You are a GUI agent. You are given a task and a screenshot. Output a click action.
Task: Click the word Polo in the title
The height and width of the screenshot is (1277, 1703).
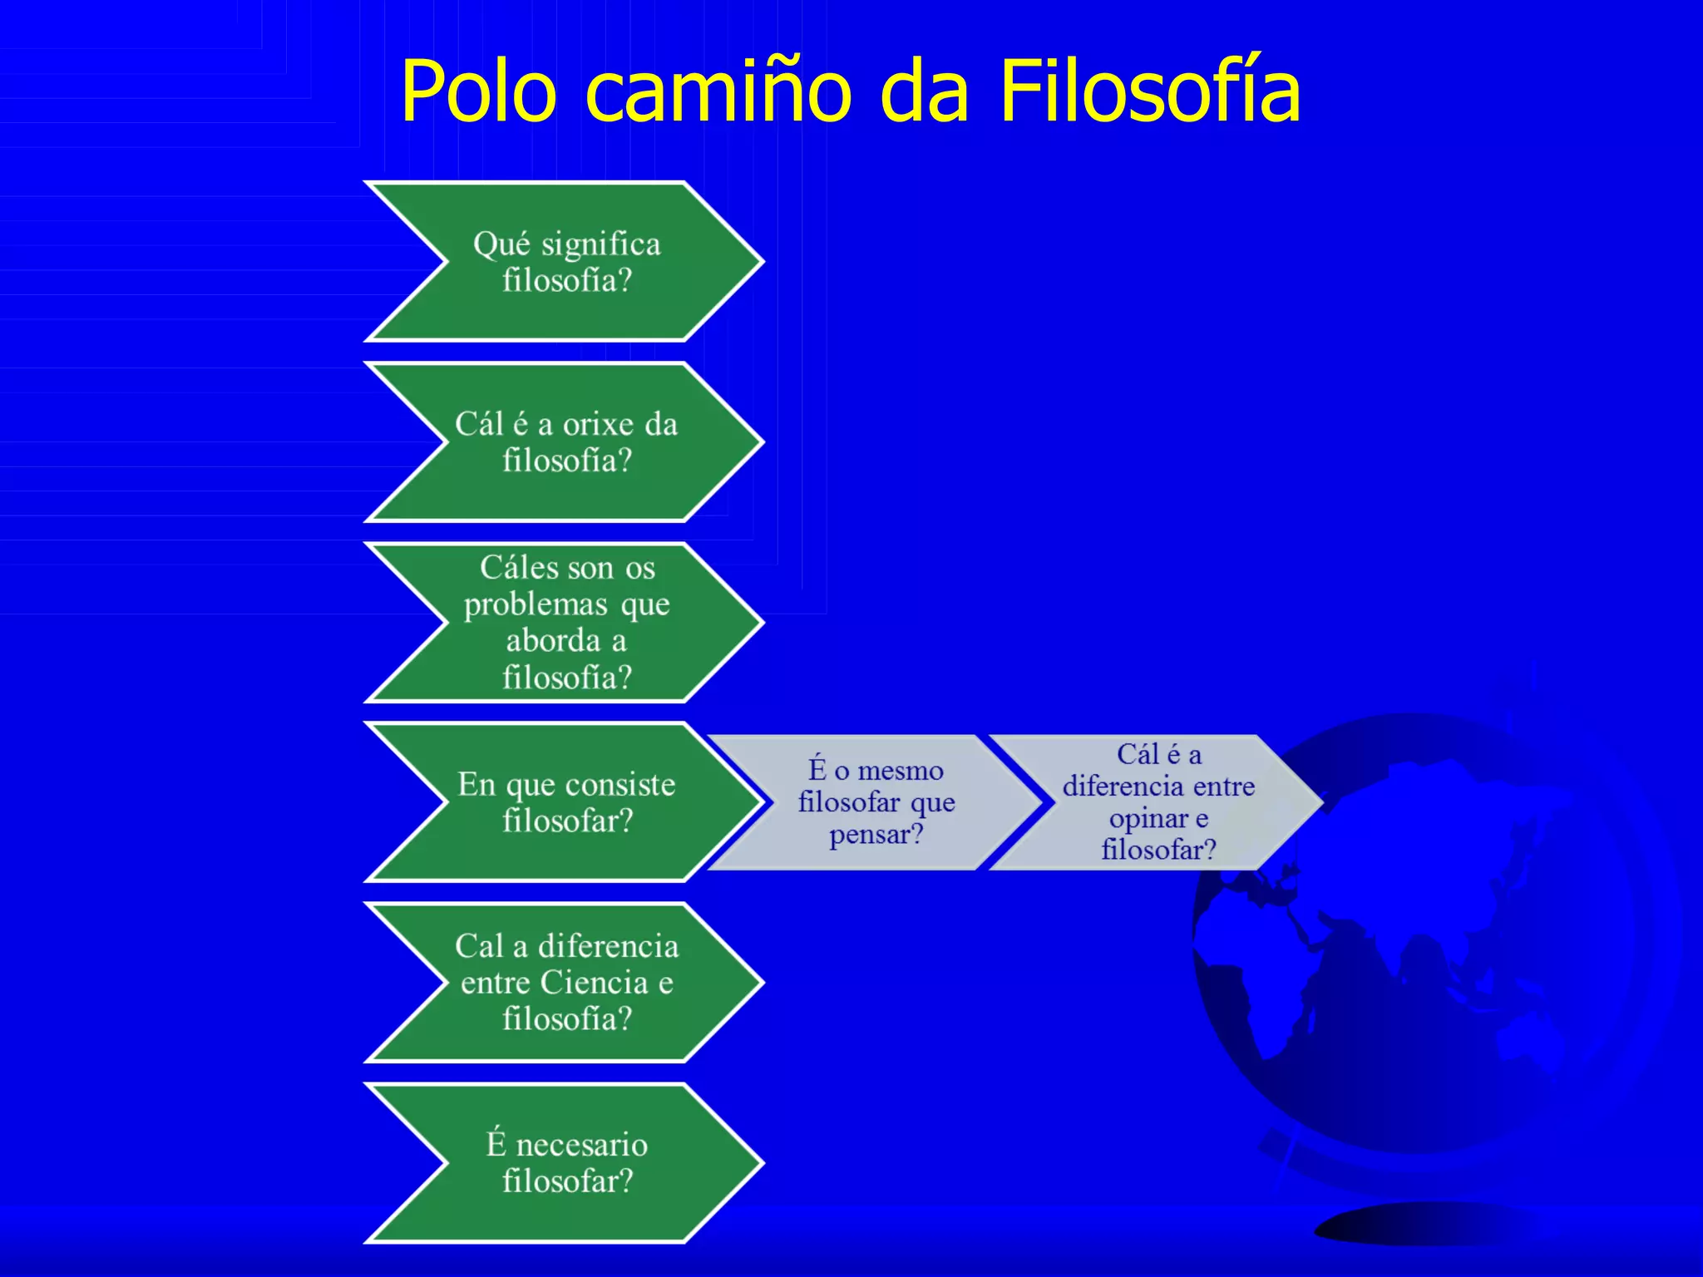pyautogui.click(x=478, y=91)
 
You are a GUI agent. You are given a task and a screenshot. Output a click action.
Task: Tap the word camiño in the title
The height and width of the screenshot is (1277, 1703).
pyautogui.click(x=719, y=91)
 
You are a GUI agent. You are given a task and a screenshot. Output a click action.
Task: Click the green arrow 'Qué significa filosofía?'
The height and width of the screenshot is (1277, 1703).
pyautogui.click(x=565, y=261)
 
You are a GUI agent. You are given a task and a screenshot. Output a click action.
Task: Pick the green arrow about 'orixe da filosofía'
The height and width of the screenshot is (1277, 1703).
pyautogui.click(x=565, y=441)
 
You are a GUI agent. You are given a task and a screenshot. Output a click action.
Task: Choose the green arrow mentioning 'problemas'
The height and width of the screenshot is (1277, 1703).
pyautogui.click(x=565, y=622)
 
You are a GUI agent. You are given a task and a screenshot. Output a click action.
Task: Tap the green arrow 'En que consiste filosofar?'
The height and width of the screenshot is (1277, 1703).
pyautogui.click(x=565, y=802)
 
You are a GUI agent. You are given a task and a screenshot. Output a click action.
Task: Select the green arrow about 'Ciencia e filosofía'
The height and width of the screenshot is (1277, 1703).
pyautogui.click(x=565, y=982)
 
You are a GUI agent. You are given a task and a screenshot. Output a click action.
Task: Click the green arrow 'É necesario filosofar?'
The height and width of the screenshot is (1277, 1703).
pyautogui.click(x=565, y=1162)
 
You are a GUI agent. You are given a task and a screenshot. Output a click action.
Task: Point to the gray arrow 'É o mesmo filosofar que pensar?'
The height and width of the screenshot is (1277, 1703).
pyautogui.click(x=875, y=802)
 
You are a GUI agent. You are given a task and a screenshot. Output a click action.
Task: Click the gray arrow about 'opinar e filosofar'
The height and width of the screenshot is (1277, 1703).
pyautogui.click(x=1158, y=802)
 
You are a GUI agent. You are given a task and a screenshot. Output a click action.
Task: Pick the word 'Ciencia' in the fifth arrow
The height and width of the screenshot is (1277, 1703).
pyautogui.click(x=594, y=983)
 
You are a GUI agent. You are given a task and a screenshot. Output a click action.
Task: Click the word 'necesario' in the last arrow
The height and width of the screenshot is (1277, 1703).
pyautogui.click(x=581, y=1145)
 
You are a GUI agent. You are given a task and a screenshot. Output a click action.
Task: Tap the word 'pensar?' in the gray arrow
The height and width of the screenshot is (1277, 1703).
pyautogui.click(x=876, y=834)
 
